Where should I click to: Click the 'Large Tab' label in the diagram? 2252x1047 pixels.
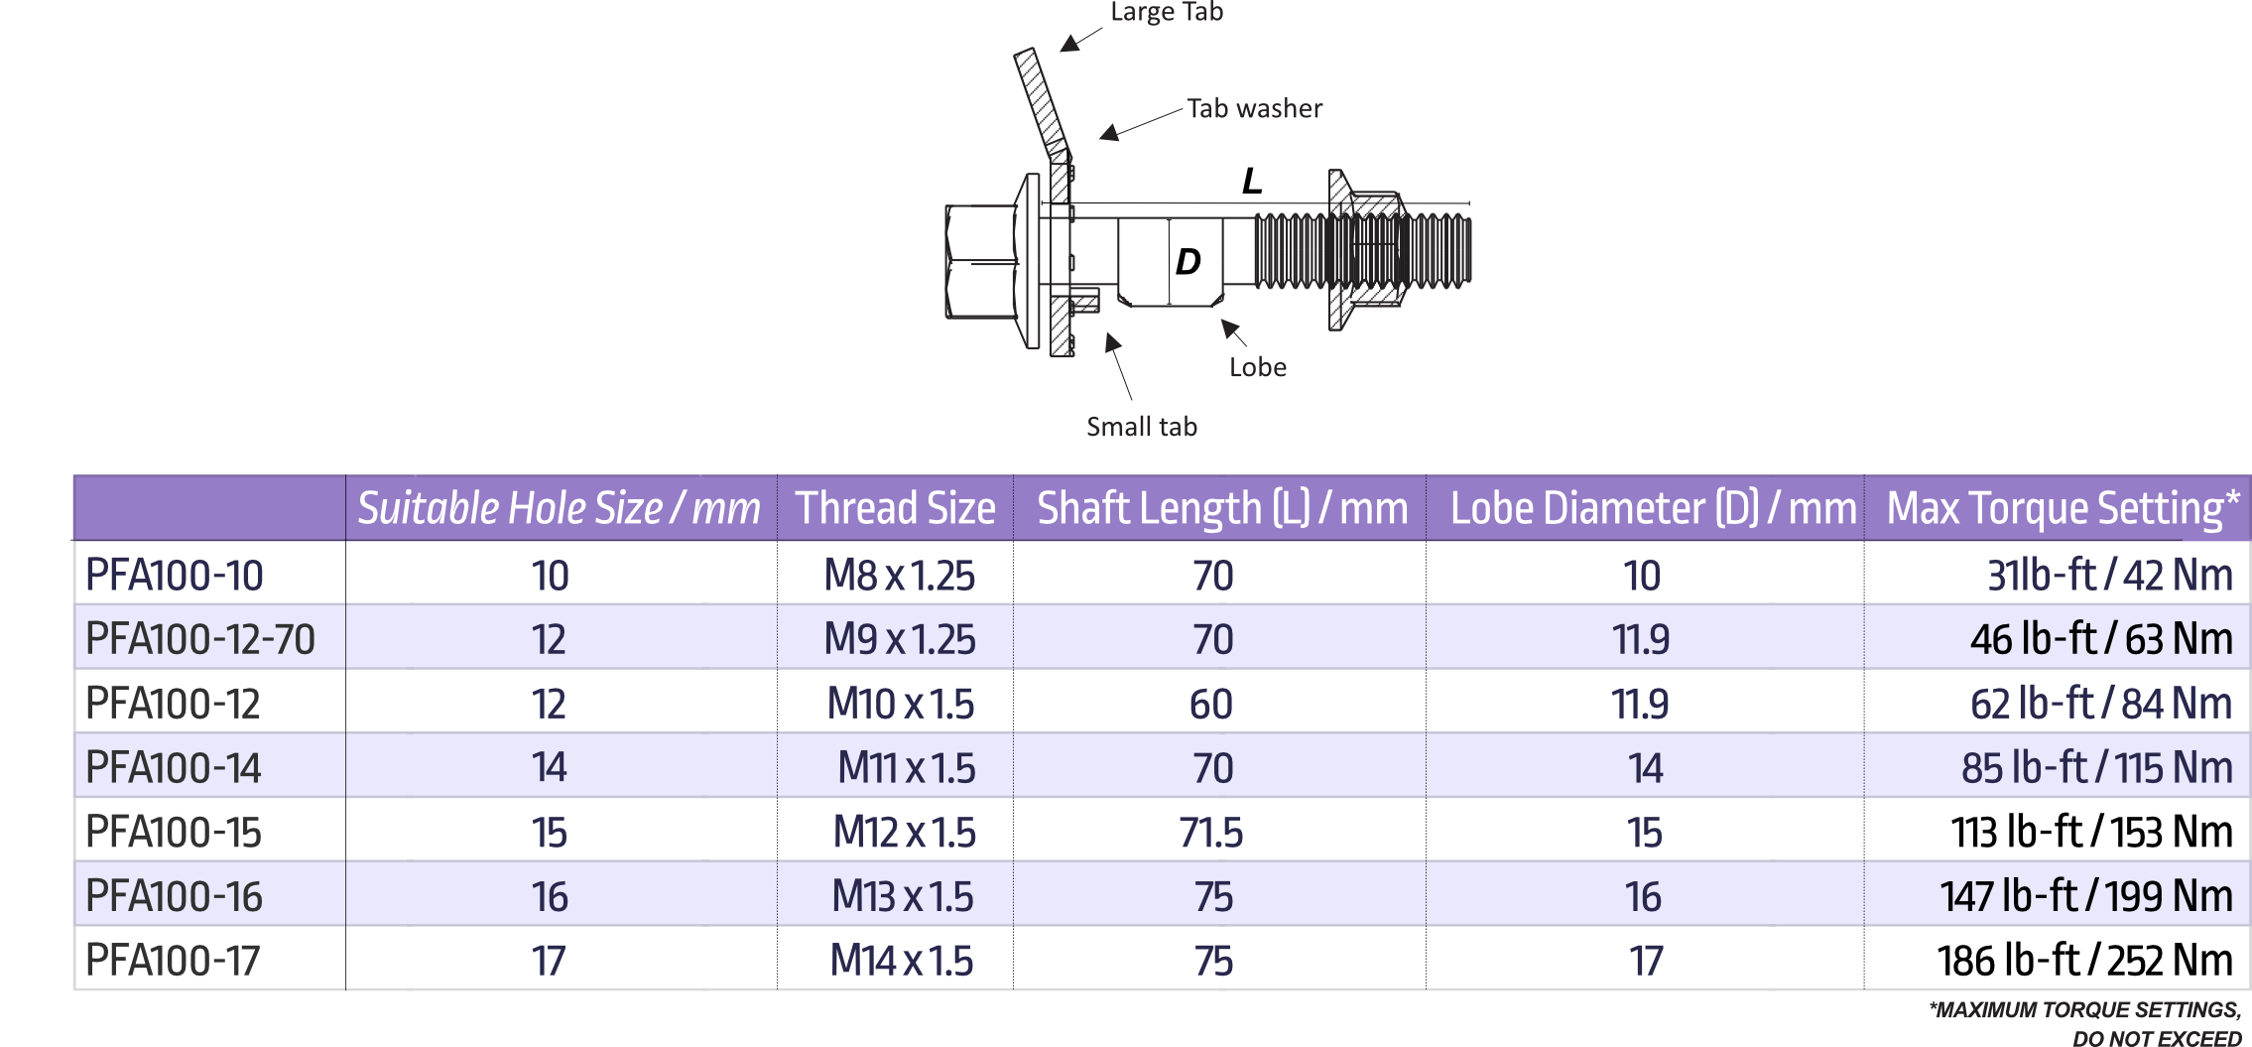click(1167, 12)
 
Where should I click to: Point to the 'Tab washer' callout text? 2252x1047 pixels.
click(1255, 108)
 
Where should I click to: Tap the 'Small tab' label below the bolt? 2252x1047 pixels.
click(1142, 427)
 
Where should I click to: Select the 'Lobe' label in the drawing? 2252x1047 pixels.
click(1258, 367)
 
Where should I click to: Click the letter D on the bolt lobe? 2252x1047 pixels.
click(1189, 262)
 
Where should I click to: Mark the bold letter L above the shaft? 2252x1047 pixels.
click(1252, 182)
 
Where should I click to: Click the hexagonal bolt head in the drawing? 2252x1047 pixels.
click(981, 262)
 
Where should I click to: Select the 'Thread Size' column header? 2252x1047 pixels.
click(895, 508)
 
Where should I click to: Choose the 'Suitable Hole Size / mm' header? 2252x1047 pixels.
click(560, 508)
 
